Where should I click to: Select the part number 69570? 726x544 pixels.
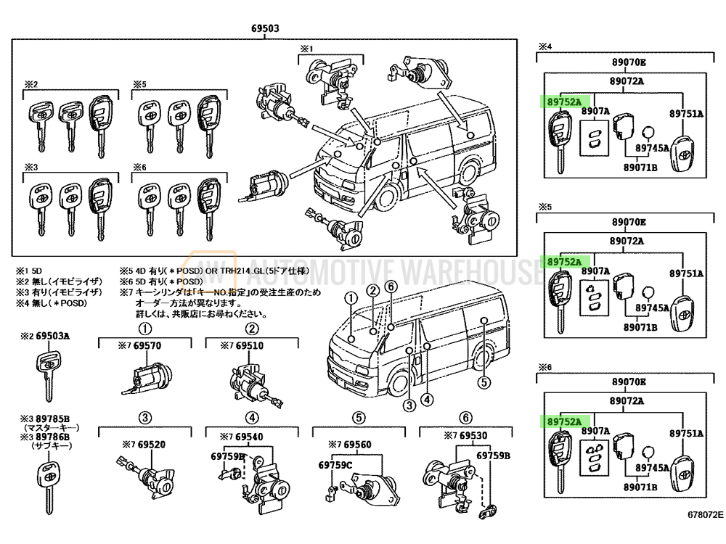144,346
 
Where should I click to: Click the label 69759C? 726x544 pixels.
335,465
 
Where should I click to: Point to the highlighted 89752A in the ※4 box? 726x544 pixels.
564,102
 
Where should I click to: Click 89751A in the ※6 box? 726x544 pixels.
686,433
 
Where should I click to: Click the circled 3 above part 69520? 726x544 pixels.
145,417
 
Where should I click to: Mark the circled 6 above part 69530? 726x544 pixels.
465,417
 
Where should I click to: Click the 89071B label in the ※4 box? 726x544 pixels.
640,168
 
